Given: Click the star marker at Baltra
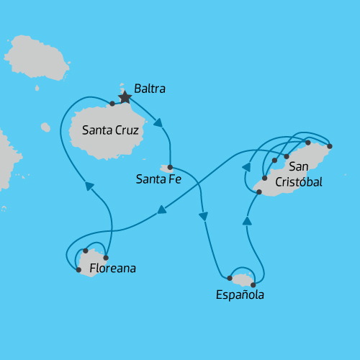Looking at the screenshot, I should [125, 95].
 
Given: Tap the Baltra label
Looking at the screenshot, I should [150, 89].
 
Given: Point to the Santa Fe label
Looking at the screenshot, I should [158, 179].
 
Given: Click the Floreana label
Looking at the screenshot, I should [112, 269].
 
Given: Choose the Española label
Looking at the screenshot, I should [240, 294].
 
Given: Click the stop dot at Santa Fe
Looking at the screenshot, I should [170, 167].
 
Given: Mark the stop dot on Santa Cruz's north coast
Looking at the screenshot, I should [113, 104].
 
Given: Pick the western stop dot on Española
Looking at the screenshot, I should [230, 278].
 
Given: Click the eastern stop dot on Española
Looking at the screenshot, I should [253, 284].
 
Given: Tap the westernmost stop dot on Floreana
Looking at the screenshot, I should [78, 270].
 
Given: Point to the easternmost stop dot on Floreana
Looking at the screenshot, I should [106, 258].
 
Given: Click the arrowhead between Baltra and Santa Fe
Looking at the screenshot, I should [158, 122].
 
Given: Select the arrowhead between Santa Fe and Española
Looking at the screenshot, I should [204, 216].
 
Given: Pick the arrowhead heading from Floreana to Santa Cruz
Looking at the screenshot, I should [90, 186].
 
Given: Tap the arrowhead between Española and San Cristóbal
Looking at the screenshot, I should [247, 221].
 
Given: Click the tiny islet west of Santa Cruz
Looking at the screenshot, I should [45, 127].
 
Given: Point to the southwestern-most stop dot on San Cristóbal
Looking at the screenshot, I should [258, 192].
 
